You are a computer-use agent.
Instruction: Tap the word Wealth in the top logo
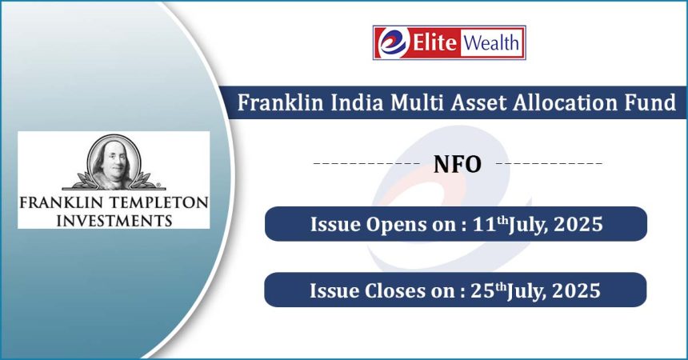(x=491, y=43)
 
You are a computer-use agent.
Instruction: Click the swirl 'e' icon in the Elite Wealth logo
(x=393, y=42)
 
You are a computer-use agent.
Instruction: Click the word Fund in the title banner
(x=650, y=102)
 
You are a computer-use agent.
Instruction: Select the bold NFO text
(x=458, y=164)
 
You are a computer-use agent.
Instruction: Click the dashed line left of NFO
(x=367, y=164)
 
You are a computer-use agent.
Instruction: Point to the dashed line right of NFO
(x=549, y=164)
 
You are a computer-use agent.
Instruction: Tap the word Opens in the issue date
(x=396, y=225)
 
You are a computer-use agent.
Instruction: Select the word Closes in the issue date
(x=395, y=290)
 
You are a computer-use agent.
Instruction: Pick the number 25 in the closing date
(x=482, y=290)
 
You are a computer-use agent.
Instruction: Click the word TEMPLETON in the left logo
(x=159, y=203)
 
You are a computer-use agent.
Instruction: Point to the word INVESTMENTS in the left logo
(x=114, y=220)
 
